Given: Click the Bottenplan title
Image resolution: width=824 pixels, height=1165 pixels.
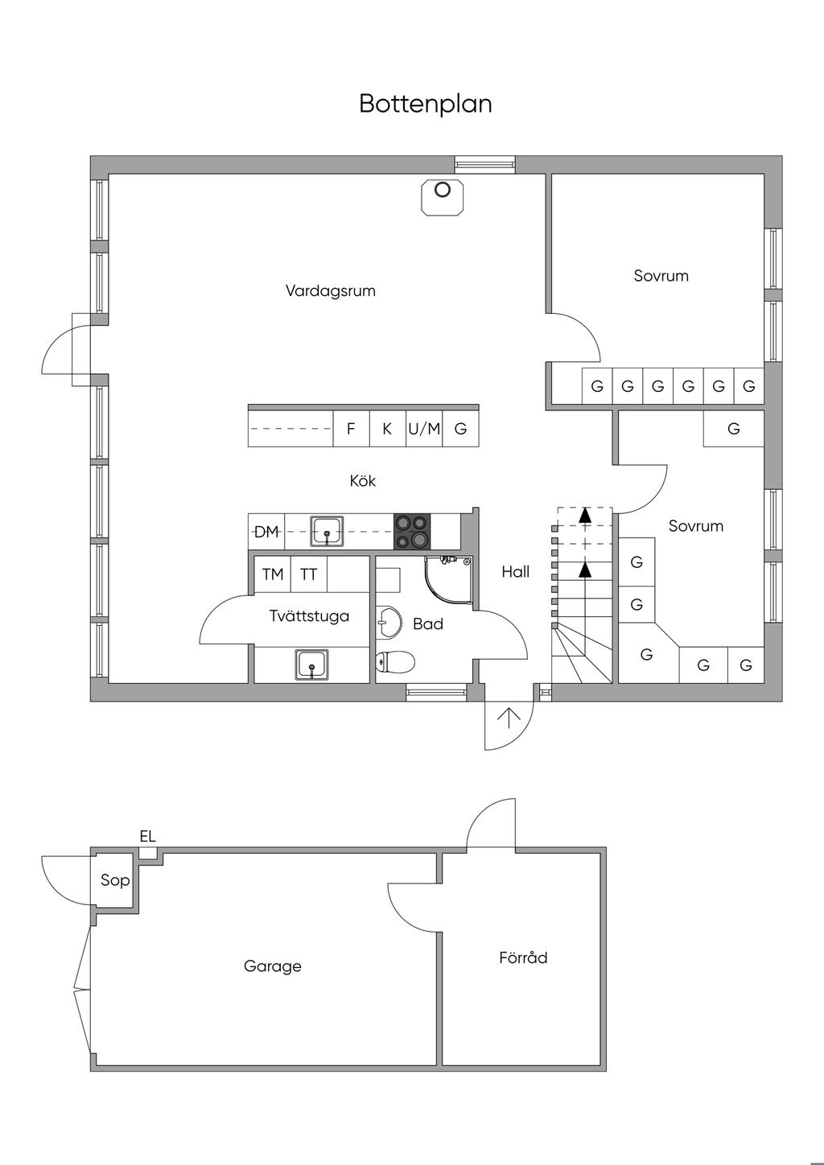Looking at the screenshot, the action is [425, 104].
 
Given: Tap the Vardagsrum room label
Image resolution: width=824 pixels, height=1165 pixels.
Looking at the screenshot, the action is [331, 290].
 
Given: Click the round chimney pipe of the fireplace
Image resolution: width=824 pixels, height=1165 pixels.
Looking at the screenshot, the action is [442, 190].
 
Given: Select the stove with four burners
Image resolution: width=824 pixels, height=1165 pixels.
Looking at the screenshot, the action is [412, 532].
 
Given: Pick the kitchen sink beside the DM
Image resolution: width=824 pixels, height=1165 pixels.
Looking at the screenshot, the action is [328, 532].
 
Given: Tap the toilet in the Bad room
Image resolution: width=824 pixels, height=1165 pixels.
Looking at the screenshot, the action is [394, 662].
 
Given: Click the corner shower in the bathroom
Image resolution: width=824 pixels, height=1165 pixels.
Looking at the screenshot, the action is [448, 580].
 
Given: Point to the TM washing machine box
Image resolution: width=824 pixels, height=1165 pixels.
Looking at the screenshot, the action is [273, 574].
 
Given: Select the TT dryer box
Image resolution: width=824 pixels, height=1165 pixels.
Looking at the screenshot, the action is [309, 574].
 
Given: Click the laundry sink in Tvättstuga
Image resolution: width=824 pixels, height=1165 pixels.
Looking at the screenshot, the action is [311, 664].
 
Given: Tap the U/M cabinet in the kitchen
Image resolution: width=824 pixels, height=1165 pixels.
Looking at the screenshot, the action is [424, 429].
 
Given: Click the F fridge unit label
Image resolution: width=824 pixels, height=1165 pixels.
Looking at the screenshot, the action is [351, 429].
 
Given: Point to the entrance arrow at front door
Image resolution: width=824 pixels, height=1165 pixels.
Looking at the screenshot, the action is [509, 718].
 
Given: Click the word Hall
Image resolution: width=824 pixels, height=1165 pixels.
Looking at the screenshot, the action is [516, 572].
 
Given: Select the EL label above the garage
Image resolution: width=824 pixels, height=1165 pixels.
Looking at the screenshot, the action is [148, 836].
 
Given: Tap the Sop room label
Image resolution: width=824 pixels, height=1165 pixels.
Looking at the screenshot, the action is [115, 880].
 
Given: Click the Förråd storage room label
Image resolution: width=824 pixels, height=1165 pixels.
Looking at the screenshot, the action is [523, 957].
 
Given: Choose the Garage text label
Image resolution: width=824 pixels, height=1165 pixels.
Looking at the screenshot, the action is [273, 966].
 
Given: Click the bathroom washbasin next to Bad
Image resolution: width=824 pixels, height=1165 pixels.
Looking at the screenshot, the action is [389, 621].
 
